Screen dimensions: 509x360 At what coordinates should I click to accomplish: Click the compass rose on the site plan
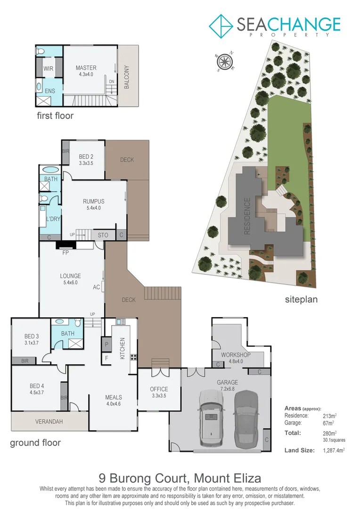point(225,61)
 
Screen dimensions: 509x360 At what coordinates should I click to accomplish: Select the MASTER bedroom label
point(86,68)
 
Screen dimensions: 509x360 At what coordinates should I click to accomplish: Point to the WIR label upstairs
point(49,69)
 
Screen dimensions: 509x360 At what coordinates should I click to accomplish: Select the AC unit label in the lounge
point(96,287)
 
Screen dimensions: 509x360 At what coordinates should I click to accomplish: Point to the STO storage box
point(103,235)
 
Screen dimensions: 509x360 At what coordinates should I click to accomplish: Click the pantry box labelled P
point(106,344)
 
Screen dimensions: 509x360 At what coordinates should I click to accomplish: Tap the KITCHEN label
point(122,349)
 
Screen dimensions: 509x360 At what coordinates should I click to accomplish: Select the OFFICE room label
point(159,389)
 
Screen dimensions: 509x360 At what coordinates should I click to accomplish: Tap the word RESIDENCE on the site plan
point(246,216)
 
